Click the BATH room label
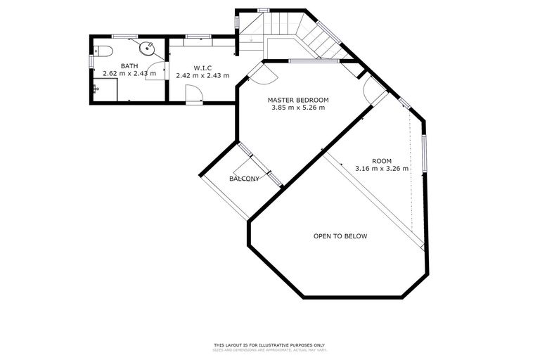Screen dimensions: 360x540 [x=129, y=65]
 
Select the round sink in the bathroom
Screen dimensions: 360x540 [x=146, y=48]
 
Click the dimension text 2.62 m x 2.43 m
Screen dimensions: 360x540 [x=129, y=73]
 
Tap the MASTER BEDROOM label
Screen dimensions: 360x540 [x=298, y=100]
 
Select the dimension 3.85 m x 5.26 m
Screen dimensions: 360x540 [x=298, y=108]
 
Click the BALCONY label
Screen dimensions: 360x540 [x=244, y=179]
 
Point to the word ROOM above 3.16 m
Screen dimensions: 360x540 [x=382, y=160]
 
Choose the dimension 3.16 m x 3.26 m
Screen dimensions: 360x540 [x=382, y=169]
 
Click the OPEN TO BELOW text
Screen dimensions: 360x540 [x=340, y=236]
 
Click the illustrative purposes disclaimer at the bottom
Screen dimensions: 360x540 [x=269, y=345]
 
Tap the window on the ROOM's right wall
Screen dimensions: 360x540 [x=423, y=153]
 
